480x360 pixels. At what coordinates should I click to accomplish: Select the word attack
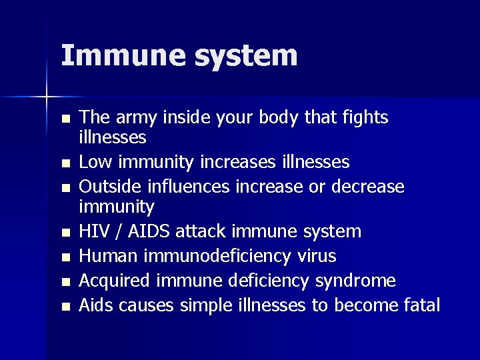(x=205, y=231)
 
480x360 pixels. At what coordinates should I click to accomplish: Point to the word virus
(x=315, y=256)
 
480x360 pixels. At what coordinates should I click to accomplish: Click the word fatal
(x=421, y=305)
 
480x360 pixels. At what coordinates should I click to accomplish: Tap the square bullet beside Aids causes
(x=64, y=307)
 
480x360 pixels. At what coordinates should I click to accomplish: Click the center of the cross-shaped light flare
(x=47, y=97)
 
